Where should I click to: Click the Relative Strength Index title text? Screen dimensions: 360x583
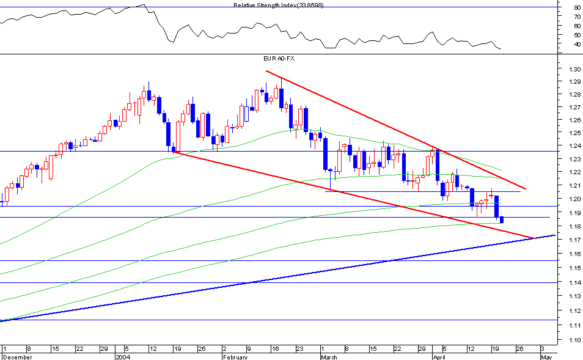click(x=279, y=5)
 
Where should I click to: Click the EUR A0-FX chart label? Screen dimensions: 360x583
click(x=279, y=58)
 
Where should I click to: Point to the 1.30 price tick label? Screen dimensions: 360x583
click(x=573, y=69)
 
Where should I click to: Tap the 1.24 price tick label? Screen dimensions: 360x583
click(x=573, y=145)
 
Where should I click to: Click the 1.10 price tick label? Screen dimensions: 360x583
click(x=573, y=340)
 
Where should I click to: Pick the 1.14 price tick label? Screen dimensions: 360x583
click(x=573, y=283)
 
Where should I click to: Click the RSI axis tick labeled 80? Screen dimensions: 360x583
click(x=576, y=7)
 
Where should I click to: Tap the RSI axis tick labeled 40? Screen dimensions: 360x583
click(x=576, y=44)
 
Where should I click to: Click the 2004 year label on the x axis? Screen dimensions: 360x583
click(x=123, y=356)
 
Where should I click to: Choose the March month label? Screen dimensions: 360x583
click(x=329, y=356)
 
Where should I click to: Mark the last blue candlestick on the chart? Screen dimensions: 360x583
click(x=502, y=219)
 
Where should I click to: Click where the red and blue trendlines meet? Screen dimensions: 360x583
click(x=534, y=238)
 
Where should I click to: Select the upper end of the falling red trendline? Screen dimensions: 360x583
click(x=267, y=71)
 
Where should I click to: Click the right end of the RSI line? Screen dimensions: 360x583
click(x=501, y=49)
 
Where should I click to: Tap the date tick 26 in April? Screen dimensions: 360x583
click(x=519, y=348)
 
